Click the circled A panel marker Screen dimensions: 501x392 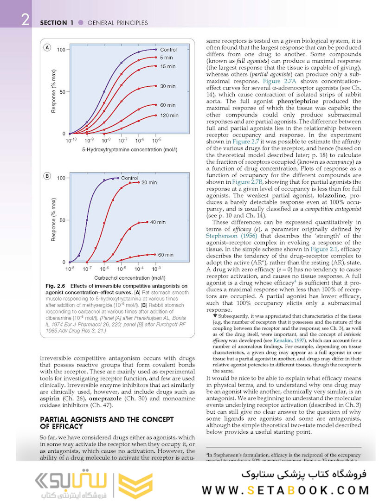click(47, 48)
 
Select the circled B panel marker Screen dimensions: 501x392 click(47, 176)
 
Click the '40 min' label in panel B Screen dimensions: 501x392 click(158, 222)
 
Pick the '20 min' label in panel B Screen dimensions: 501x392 click(149, 183)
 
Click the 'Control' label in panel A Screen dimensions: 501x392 click(168, 50)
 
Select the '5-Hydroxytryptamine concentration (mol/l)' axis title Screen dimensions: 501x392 click(123, 150)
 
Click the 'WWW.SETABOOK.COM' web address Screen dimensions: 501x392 click(285, 490)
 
